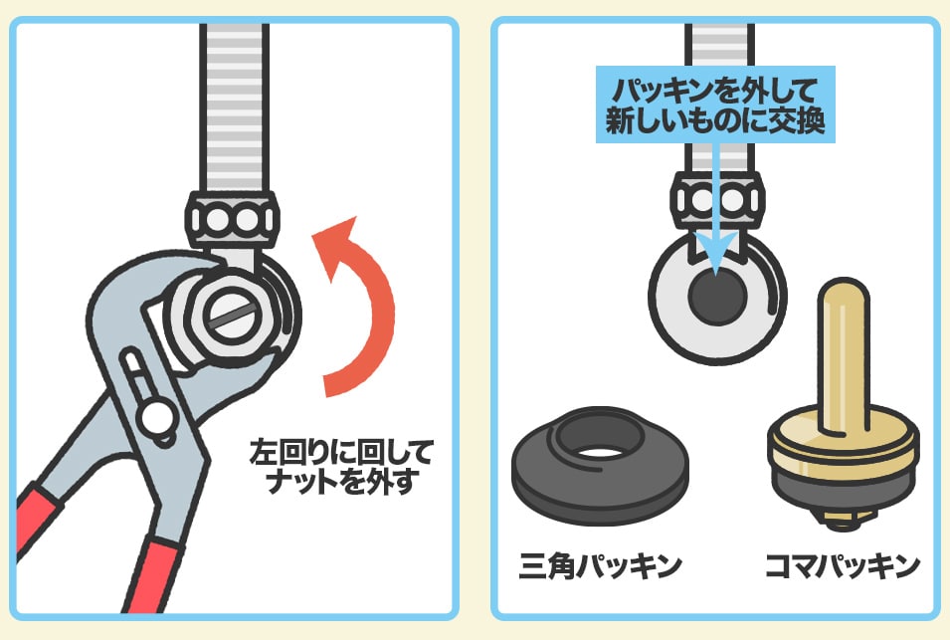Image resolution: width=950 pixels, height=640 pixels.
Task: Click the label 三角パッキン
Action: pyautogui.click(x=600, y=566)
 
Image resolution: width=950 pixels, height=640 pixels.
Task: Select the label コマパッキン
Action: pyautogui.click(x=843, y=566)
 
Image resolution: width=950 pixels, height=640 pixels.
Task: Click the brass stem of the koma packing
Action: pyautogui.click(x=844, y=356)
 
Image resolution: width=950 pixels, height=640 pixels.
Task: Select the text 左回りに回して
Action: pyautogui.click(x=342, y=453)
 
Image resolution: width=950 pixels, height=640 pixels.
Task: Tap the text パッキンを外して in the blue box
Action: pyautogui.click(x=715, y=91)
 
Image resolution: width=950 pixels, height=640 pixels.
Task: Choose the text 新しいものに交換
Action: pyautogui.click(x=715, y=120)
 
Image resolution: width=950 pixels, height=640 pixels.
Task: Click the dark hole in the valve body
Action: pyautogui.click(x=717, y=297)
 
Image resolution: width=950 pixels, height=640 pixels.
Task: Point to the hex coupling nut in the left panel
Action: pyautogui.click(x=232, y=219)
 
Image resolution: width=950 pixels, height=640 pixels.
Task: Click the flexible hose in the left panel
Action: pyautogui.click(x=234, y=107)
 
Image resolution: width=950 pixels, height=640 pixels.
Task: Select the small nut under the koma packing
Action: pyautogui.click(x=844, y=520)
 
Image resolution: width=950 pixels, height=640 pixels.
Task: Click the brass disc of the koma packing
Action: pyautogui.click(x=844, y=446)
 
